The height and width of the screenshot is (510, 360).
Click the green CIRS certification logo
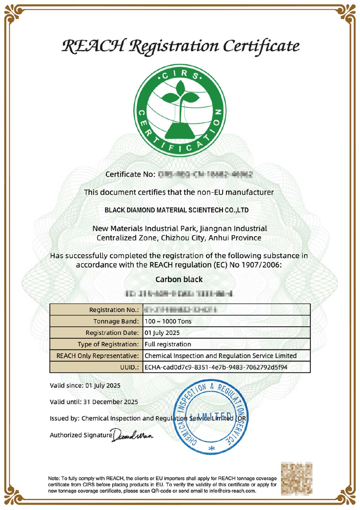click(180, 110)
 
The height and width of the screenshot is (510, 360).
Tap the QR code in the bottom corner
click(296, 479)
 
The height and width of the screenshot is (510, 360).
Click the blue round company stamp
click(211, 418)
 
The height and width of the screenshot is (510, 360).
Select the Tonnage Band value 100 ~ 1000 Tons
click(168, 321)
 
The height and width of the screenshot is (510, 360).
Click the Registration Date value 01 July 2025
click(162, 333)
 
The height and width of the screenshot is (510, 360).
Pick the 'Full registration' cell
click(168, 344)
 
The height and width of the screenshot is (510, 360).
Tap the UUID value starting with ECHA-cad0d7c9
click(216, 367)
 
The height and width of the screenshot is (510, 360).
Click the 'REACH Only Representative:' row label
click(97, 356)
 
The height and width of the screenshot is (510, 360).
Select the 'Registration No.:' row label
click(114, 310)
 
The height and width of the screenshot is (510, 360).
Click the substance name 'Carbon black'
click(179, 279)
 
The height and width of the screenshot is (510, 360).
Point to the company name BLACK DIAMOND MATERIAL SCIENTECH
click(176, 210)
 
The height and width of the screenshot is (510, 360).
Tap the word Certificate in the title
click(261, 47)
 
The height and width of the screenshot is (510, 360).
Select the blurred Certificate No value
click(205, 174)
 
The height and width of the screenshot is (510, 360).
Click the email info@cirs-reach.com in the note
click(232, 491)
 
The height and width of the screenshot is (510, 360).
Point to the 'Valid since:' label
click(67, 385)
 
